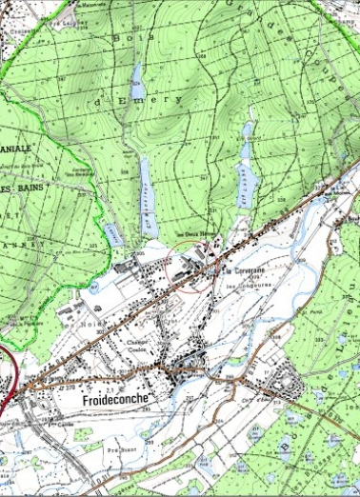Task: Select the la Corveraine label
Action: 246,270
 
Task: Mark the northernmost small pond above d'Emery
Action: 138,75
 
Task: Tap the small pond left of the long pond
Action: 113,233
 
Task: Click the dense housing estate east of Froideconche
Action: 285,385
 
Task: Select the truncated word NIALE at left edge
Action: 16,149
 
